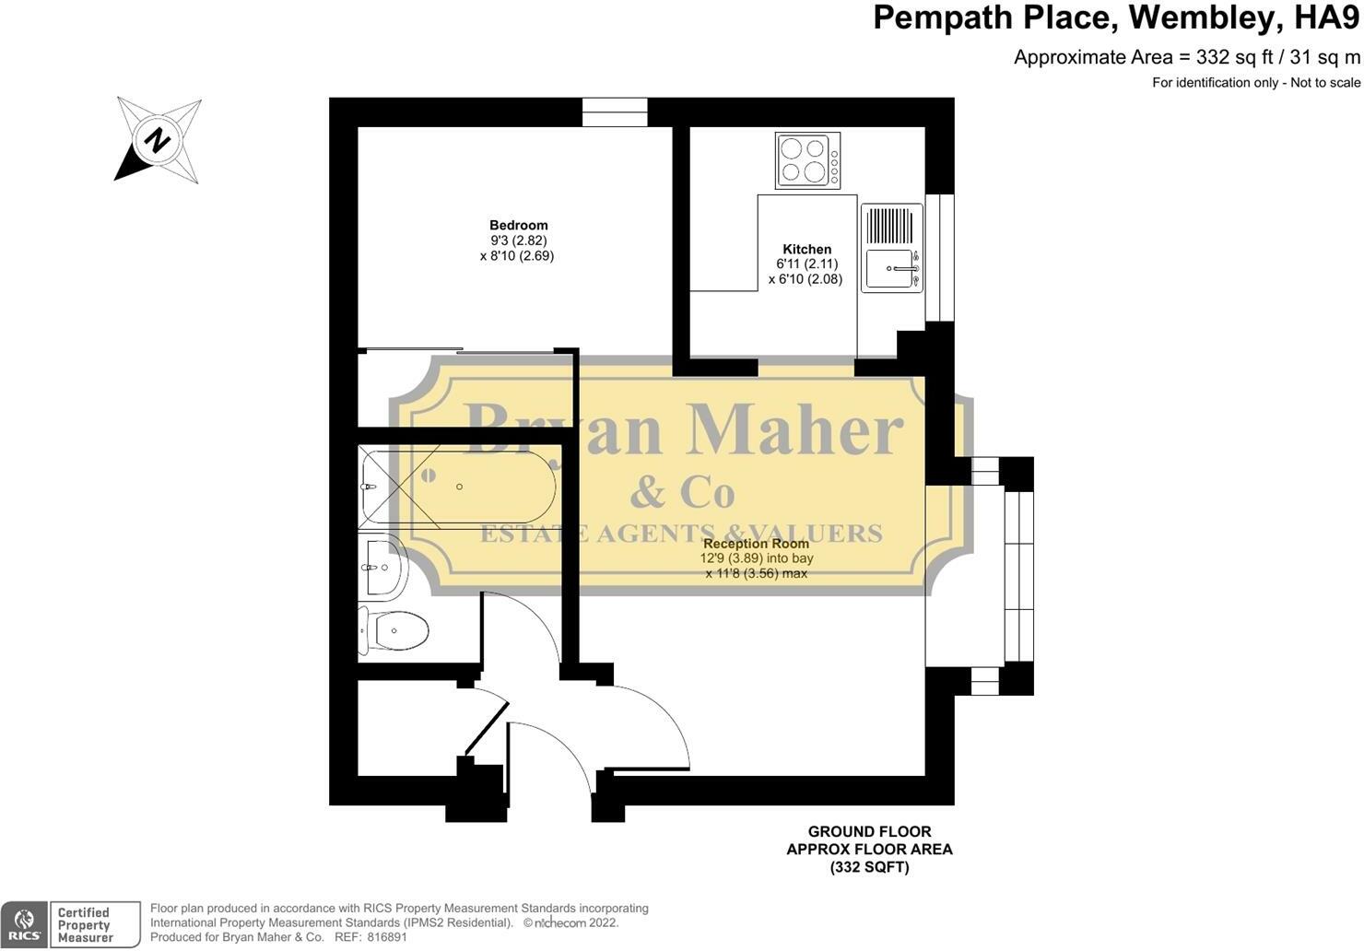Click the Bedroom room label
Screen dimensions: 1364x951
click(x=518, y=225)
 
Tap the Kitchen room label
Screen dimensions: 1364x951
click(x=806, y=249)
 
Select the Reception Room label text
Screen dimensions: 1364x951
click(x=757, y=543)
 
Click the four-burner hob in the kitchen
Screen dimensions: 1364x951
click(x=807, y=160)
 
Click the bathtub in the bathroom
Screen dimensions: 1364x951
click(x=457, y=487)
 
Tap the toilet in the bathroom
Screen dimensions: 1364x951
click(x=394, y=630)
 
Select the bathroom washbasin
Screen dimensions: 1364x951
click(x=382, y=568)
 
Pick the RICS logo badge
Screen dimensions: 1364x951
click(x=24, y=925)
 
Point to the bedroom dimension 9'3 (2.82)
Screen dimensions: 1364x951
click(x=518, y=241)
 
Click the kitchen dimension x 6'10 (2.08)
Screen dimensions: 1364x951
click(x=805, y=279)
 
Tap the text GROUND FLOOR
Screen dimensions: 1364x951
click(x=869, y=832)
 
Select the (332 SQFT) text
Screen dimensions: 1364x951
click(x=870, y=867)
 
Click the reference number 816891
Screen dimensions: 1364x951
click(x=386, y=937)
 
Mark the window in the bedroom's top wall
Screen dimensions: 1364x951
click(x=615, y=112)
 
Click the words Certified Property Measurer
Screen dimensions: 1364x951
click(x=85, y=925)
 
